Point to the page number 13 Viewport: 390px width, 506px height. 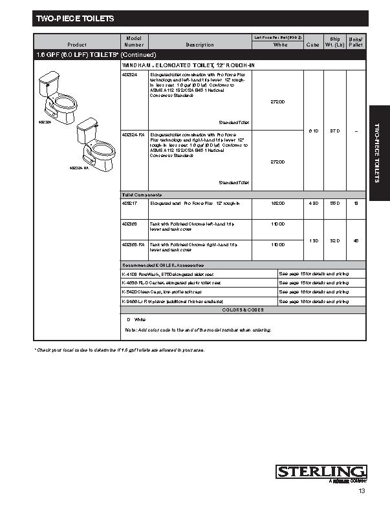[x=362, y=492]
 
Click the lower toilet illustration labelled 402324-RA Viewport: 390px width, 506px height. [x=89, y=144]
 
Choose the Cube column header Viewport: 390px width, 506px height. [x=312, y=45]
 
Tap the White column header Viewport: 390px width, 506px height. [x=279, y=45]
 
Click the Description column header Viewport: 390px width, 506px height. [x=199, y=45]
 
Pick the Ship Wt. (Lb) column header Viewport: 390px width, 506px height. [x=335, y=42]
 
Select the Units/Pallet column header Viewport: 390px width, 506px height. [x=356, y=42]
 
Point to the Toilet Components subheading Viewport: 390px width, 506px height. [x=142, y=195]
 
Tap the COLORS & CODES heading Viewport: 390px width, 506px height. [x=243, y=310]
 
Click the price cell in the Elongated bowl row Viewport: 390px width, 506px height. [x=277, y=204]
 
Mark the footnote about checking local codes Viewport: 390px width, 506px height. [x=119, y=350]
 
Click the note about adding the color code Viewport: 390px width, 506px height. [x=197, y=330]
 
